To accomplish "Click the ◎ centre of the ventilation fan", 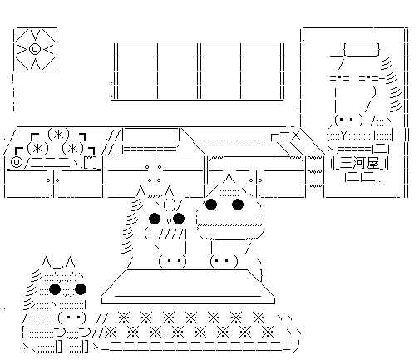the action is [x=35, y=49].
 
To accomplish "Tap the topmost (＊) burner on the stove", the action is [x=58, y=135].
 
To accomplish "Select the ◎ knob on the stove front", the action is [x=17, y=162].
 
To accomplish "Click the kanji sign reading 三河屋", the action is [x=359, y=163].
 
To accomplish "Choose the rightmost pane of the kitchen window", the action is [x=260, y=71].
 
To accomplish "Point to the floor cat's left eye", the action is [x=55, y=289].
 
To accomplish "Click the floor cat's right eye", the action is [x=81, y=289].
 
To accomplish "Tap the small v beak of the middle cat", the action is [x=168, y=221].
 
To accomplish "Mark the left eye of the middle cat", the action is [x=155, y=219].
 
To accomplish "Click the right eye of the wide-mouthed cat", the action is [x=238, y=205].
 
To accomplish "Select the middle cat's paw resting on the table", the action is [x=172, y=261].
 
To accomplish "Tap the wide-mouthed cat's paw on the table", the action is [x=224, y=261].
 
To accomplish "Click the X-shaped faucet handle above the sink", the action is [x=296, y=136].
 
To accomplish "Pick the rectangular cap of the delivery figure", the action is [x=362, y=49].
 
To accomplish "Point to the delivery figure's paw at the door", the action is [x=348, y=120].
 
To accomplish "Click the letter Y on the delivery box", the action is [x=343, y=136].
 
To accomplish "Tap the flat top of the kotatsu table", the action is [x=189, y=283].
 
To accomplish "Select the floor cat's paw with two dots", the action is [x=72, y=317].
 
